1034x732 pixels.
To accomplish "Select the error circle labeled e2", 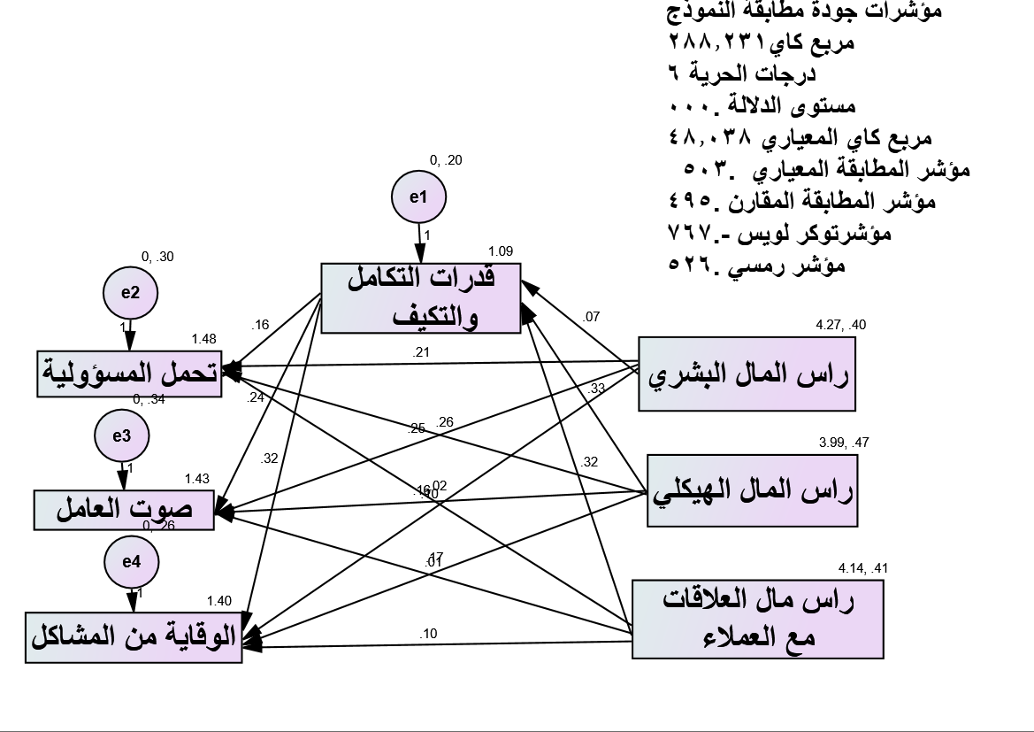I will pyautogui.click(x=130, y=293).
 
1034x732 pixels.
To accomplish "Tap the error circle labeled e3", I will pyautogui.click(x=122, y=436).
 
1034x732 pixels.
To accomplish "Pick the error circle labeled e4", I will pyautogui.click(x=130, y=562).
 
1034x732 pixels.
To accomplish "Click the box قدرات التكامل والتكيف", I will pyautogui.click(x=420, y=299).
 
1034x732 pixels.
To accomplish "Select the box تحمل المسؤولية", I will pyautogui.click(x=130, y=374).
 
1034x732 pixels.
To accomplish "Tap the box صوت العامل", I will pyautogui.click(x=125, y=509).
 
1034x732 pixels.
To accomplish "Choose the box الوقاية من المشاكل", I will pyautogui.click(x=133, y=636).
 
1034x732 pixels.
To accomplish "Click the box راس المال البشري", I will pyautogui.click(x=747, y=374).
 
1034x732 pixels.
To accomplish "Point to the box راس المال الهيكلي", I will pyautogui.click(x=753, y=492).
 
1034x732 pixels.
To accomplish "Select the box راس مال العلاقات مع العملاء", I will pyautogui.click(x=758, y=619).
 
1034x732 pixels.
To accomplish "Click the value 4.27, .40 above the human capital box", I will pyautogui.click(x=840, y=325).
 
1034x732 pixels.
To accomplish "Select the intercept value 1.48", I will pyautogui.click(x=203, y=339).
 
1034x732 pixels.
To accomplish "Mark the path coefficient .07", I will pyautogui.click(x=591, y=316).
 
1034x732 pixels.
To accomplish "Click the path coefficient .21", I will pyautogui.click(x=420, y=352).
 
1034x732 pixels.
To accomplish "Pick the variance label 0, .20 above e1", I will pyautogui.click(x=446, y=160).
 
